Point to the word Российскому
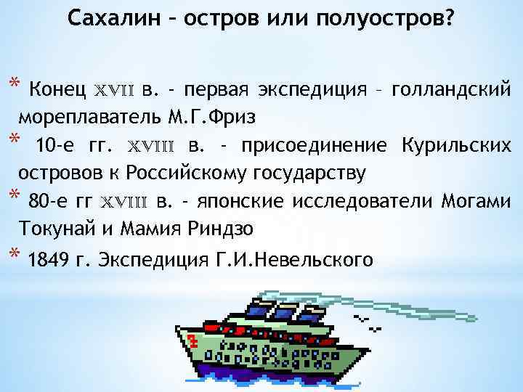[187, 173]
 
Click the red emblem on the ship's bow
[192, 340]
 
